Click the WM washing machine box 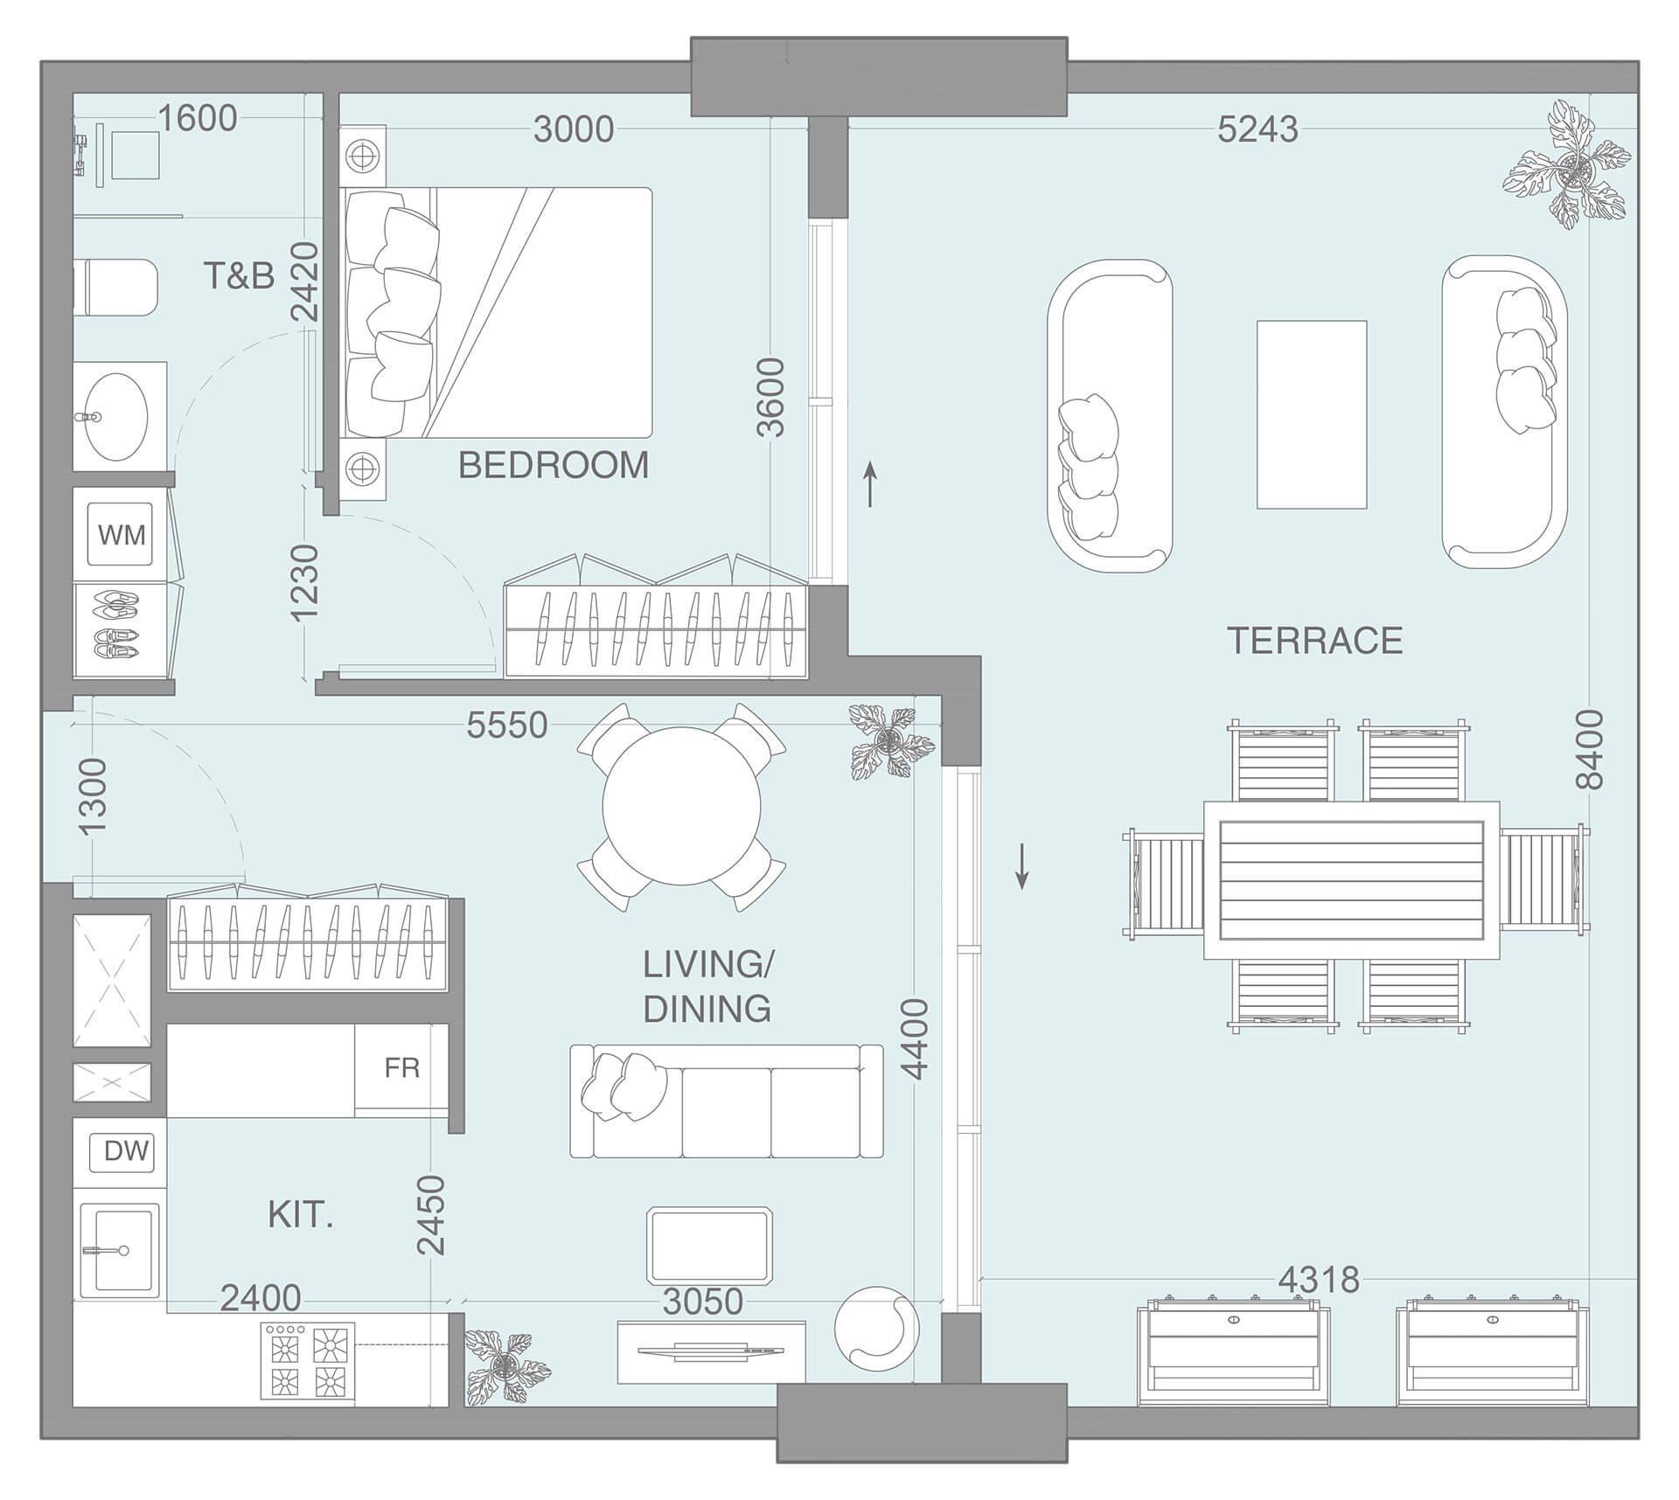[122, 534]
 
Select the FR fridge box [401, 1068]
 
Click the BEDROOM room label [554, 465]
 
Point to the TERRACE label [1314, 641]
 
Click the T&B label [239, 276]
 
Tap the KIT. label [300, 1216]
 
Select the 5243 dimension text [1258, 129]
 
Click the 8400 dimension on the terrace [1590, 749]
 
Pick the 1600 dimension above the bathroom [198, 119]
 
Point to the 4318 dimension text [1319, 1281]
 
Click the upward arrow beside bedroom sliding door [870, 485]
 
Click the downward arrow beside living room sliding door [1021, 866]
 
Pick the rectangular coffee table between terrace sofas [1311, 414]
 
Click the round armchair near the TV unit [876, 1330]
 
